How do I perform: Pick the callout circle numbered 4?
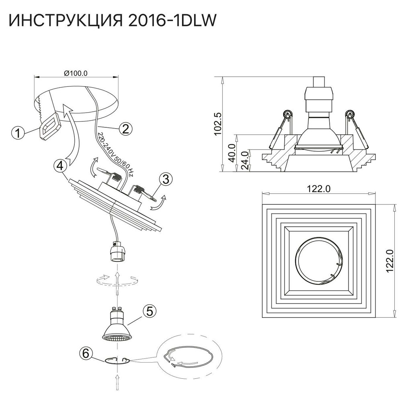click(x=59, y=165)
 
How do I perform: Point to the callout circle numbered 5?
click(x=149, y=310)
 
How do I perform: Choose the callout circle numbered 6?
click(x=85, y=354)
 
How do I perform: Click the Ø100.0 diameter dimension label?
click(x=76, y=73)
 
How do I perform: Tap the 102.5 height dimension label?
click(x=217, y=123)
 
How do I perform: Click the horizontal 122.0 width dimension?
click(x=319, y=189)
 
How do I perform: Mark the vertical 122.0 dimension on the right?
click(x=389, y=261)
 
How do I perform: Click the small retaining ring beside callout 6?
click(x=117, y=360)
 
